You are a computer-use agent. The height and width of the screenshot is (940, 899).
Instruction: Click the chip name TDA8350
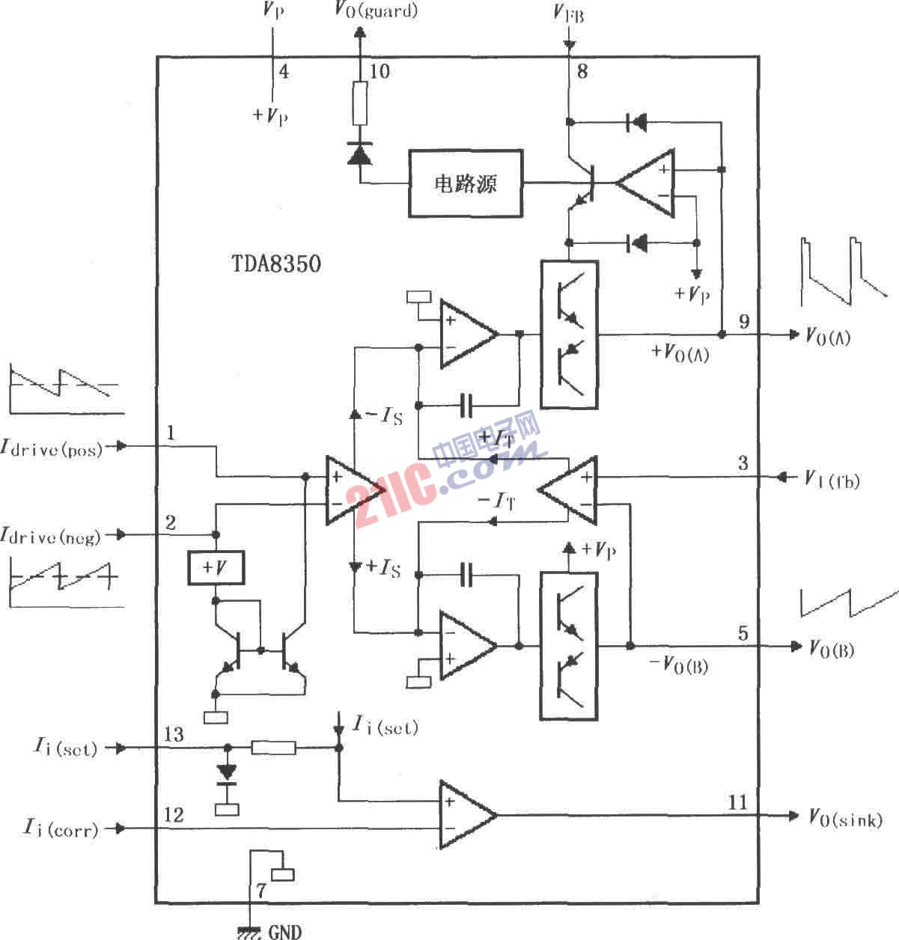[276, 263]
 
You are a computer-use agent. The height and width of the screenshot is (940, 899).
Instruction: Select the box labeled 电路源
[465, 183]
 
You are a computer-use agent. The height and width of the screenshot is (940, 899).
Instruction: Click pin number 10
[380, 72]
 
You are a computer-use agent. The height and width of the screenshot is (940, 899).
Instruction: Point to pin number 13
[174, 734]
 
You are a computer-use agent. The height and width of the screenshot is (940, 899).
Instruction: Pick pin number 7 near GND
[260, 891]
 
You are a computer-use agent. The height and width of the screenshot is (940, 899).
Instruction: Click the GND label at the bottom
[284, 932]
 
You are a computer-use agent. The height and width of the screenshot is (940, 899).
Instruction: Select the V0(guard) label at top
[376, 11]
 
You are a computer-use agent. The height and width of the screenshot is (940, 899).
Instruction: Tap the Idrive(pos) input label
[52, 448]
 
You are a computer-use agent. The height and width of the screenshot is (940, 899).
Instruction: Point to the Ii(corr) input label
[61, 828]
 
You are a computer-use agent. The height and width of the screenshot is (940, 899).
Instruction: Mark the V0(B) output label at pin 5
[832, 648]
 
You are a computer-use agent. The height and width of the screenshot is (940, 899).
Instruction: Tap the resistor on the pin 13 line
[273, 747]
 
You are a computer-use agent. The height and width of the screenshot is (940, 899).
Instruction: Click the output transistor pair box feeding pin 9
[569, 334]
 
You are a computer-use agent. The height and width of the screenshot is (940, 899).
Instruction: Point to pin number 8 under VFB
[582, 71]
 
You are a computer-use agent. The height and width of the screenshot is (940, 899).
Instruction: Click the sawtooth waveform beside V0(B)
[848, 601]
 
